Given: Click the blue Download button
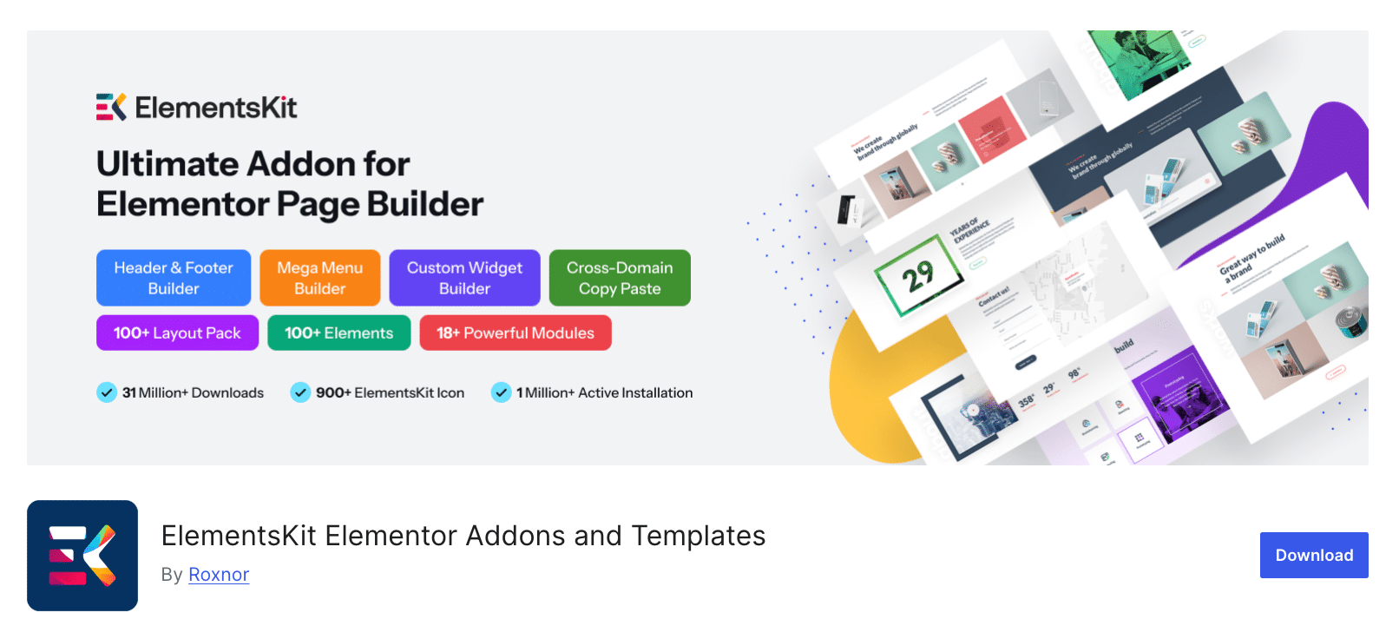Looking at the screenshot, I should click(x=1313, y=556).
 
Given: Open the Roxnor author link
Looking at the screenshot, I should click(x=219, y=575).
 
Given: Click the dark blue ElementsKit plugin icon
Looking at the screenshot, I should click(x=82, y=556).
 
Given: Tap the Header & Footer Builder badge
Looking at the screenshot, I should click(x=174, y=278).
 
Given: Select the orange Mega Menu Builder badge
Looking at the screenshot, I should click(x=319, y=278).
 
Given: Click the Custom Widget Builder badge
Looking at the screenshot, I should click(x=464, y=278).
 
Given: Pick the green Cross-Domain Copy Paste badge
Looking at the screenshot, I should click(x=620, y=278).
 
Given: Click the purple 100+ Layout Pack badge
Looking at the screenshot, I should click(x=177, y=333).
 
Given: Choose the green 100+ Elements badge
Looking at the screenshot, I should click(x=338, y=333).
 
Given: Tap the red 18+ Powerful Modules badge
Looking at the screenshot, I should click(x=516, y=333).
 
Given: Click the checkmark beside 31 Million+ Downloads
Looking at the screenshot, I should click(x=107, y=392).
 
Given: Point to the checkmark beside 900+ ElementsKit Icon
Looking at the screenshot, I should click(x=300, y=392).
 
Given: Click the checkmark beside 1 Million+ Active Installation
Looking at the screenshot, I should click(x=501, y=392).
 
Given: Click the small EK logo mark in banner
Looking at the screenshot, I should click(x=111, y=107).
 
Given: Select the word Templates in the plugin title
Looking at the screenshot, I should click(x=698, y=536).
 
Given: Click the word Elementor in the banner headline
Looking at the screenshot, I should click(x=183, y=205).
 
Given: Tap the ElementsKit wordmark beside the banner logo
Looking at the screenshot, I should click(x=216, y=108).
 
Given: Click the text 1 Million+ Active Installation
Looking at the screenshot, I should click(x=604, y=392).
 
